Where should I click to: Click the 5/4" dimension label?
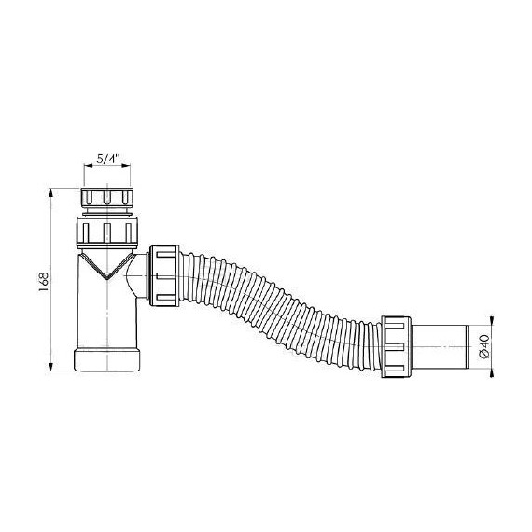tap(108, 159)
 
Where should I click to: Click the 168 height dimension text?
tap(44, 281)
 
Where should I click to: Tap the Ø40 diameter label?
tap(484, 345)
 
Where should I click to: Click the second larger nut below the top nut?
tap(107, 231)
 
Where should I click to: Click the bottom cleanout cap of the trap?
tap(106, 359)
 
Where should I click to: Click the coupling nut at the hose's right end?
tap(396, 346)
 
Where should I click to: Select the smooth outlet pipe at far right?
tap(440, 346)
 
